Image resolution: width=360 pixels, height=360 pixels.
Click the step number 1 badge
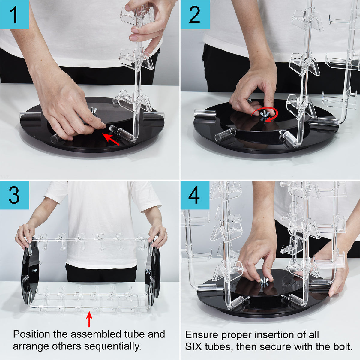coord(15,15)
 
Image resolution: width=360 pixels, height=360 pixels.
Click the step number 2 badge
coord(195,15)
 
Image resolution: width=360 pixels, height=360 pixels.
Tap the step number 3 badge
coord(15,195)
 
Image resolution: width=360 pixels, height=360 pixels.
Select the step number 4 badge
coord(195,195)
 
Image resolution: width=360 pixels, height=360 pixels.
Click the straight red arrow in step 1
coord(111,139)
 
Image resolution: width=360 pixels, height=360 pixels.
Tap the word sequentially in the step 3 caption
coord(113,347)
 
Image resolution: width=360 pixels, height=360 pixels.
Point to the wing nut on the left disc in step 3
coord(34,270)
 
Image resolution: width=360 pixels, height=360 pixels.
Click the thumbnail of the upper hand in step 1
coord(133,38)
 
